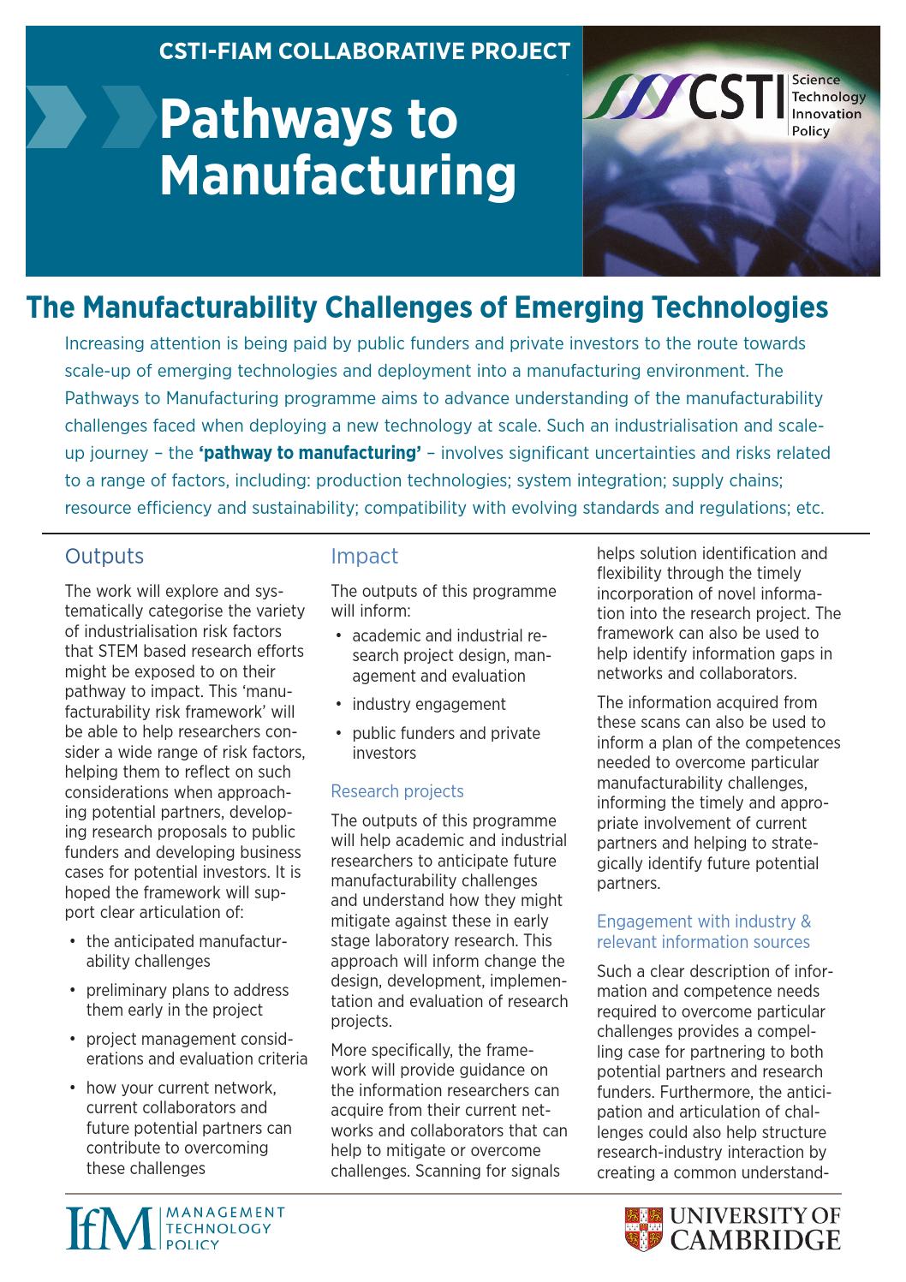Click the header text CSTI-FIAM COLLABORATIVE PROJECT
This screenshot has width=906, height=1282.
[364, 51]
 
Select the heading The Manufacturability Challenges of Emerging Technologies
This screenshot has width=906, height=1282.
[427, 307]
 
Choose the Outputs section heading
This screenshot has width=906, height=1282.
[104, 557]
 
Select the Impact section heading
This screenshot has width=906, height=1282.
[364, 557]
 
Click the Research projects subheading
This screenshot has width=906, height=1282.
[396, 791]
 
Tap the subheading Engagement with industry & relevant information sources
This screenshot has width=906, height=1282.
[703, 932]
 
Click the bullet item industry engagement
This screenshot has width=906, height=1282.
[428, 705]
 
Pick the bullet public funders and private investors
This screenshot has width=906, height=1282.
[445, 743]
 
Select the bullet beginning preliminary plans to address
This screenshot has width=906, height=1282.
[187, 1000]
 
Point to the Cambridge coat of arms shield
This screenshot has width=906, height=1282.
[643, 1229]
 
